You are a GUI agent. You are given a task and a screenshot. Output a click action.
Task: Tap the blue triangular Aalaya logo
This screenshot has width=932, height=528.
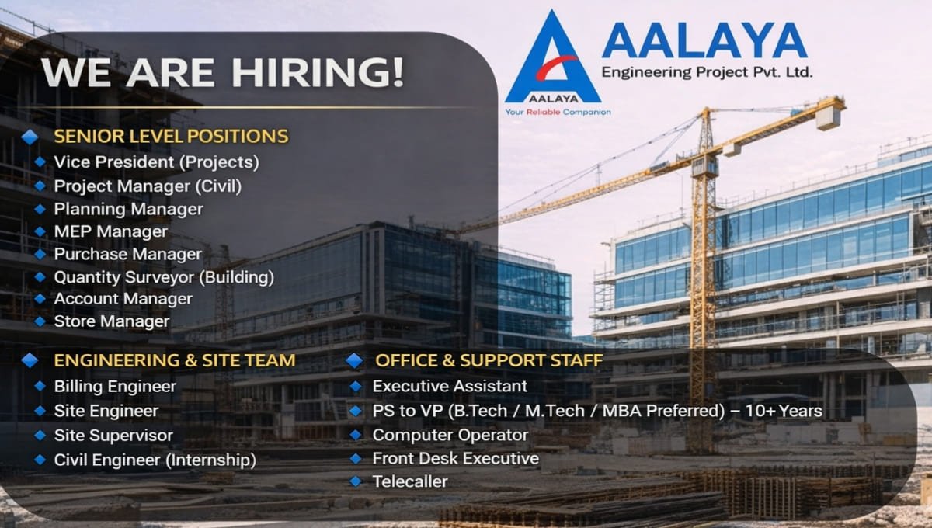[552, 62]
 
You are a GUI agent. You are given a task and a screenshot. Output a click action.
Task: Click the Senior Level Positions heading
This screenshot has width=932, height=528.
[171, 137]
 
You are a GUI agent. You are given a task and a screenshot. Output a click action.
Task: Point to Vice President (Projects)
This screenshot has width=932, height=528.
[156, 162]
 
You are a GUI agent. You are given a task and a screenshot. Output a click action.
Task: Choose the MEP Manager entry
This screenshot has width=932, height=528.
[110, 231]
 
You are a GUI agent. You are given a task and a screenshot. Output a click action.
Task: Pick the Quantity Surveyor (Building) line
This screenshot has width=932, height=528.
[164, 276]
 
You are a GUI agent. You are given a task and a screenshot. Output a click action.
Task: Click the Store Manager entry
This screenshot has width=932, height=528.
[112, 321]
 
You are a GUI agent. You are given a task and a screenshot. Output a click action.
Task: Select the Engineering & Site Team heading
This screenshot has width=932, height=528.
[175, 360]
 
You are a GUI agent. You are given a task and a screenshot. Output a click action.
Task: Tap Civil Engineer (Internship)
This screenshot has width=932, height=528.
[155, 460]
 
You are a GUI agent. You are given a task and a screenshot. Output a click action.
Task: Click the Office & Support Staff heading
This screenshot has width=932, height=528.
[489, 360]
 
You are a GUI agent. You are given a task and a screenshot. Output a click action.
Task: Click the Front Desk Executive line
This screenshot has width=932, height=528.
[455, 458]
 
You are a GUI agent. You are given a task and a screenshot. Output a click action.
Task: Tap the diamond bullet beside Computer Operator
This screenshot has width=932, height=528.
[356, 435]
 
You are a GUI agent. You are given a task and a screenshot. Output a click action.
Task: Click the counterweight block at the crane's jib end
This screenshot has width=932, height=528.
[828, 116]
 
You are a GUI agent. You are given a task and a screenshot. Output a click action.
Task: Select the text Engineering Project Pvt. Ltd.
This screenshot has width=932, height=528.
[707, 72]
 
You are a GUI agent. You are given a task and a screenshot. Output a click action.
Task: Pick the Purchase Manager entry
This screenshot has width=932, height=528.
[127, 254]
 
